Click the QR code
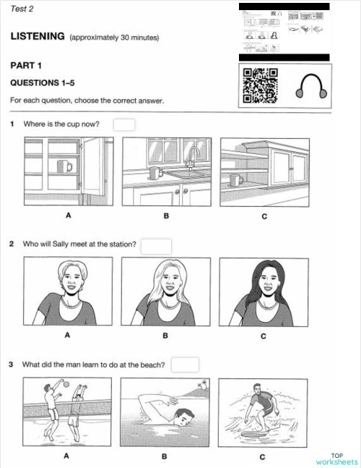pyautogui.click(x=261, y=85)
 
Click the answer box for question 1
pyautogui.click(x=124, y=124)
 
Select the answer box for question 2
pyautogui.click(x=156, y=246)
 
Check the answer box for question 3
pyautogui.click(x=185, y=365)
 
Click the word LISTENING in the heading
pyautogui.click(x=38, y=36)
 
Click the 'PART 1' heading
pyautogui.click(x=26, y=66)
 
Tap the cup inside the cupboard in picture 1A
pyautogui.click(x=64, y=166)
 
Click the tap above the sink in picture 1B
pyautogui.click(x=193, y=153)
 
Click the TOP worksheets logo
pyautogui.click(x=336, y=458)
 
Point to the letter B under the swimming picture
pyautogui.click(x=165, y=456)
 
